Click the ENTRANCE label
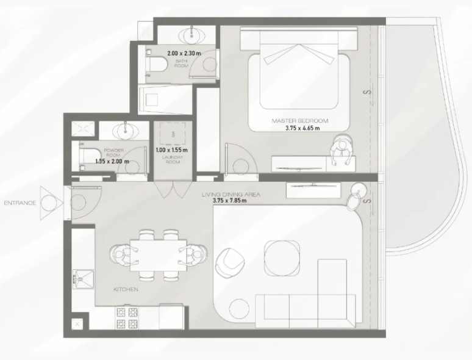[x=20, y=203]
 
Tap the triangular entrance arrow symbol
[x=52, y=203]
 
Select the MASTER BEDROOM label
[x=300, y=121]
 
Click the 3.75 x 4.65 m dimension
[x=302, y=128]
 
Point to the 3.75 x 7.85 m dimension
[x=230, y=200]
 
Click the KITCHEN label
[x=126, y=289]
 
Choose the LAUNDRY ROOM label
[x=173, y=160]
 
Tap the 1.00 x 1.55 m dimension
[x=172, y=149]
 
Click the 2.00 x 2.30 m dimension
[x=184, y=53]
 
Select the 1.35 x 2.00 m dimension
[x=112, y=161]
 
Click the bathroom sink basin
[x=191, y=35]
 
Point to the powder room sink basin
[x=125, y=131]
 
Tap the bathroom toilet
[x=156, y=64]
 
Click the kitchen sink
[x=82, y=279]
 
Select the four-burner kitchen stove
[x=127, y=317]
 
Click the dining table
[x=159, y=255]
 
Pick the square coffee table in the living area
[x=282, y=257]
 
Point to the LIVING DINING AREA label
[x=231, y=195]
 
